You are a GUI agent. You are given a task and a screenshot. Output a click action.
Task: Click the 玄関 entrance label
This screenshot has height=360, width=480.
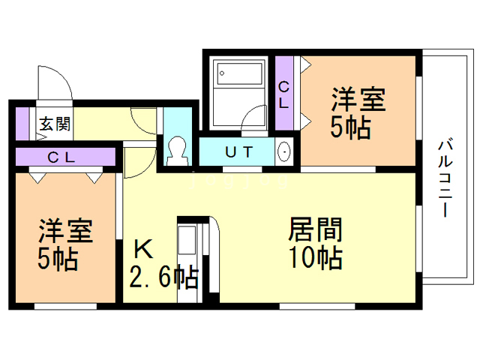(x=55, y=124)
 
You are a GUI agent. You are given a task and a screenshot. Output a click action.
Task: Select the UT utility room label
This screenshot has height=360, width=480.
(x=239, y=151)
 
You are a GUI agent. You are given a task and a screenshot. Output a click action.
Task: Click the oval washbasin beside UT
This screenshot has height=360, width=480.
(x=284, y=151)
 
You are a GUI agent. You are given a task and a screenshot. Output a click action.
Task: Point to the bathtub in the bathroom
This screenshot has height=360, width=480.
(x=240, y=73)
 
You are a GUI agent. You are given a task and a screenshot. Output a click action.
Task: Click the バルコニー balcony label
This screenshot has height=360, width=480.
(x=445, y=178)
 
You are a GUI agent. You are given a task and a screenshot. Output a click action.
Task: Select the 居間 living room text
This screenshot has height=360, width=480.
(x=315, y=229)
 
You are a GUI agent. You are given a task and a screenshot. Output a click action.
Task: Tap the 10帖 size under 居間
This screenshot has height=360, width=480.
(x=316, y=258)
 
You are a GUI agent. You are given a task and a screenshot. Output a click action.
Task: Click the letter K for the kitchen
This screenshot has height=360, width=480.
(x=143, y=249)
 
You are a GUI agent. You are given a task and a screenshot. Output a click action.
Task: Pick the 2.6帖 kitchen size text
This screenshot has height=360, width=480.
(x=164, y=277)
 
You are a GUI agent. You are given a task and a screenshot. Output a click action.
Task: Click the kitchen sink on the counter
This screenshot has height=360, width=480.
(x=187, y=240)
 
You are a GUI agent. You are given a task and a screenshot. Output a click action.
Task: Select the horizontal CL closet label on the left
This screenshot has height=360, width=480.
(x=61, y=157)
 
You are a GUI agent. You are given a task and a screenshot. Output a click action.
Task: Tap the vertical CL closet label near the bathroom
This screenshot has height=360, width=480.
(x=283, y=95)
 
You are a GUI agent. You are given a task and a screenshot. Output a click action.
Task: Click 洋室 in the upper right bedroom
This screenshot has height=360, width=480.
(x=358, y=100)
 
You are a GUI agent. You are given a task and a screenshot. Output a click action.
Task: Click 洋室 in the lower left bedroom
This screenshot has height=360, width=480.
(x=65, y=230)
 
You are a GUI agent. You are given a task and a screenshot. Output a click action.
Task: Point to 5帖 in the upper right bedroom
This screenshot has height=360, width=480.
(x=350, y=127)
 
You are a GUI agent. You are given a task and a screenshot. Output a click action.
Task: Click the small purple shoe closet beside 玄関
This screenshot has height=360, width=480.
(x=22, y=124)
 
